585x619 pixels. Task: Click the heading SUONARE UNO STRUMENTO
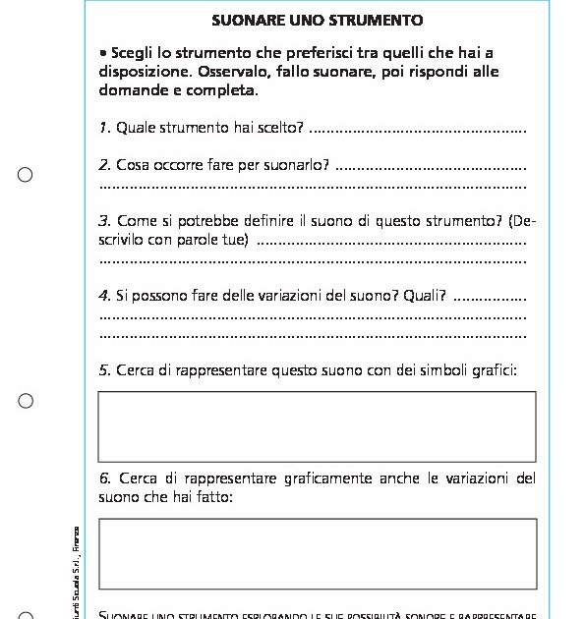318,20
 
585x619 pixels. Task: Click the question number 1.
104,128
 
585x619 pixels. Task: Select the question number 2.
104,165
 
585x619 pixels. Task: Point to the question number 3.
104,221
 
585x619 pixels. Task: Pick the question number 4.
104,295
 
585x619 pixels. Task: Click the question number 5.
104,370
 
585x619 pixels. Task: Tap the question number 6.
104,478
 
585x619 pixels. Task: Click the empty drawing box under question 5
317,426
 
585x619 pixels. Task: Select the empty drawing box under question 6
317,553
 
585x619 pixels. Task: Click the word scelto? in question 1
281,128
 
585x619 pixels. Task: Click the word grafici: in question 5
492,370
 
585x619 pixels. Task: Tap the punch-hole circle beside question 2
26,175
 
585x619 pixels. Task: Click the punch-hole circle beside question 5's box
26,401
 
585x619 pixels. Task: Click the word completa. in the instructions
225,89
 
